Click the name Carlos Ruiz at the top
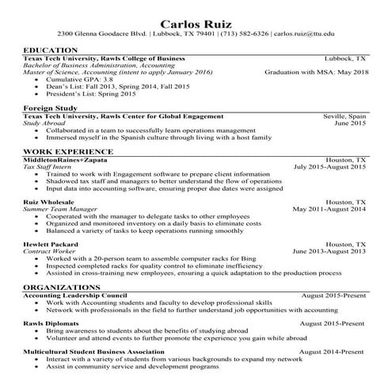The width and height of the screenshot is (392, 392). pyautogui.click(x=196, y=21)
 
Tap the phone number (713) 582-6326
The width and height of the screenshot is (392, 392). pyautogui.click(x=241, y=35)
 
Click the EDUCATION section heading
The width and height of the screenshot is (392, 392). pyautogui.click(x=50, y=50)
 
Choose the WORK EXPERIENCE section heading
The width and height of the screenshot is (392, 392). pyautogui.click(x=67, y=150)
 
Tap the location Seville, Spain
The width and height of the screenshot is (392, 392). pyautogui.click(x=344, y=116)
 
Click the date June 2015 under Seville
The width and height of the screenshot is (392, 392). pyautogui.click(x=350, y=123)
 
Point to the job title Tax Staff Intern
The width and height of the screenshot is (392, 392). pyautogui.click(x=52, y=167)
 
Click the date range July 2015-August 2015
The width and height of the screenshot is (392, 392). pyautogui.click(x=329, y=167)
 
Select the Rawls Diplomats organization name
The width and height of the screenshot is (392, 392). pyautogui.click(x=54, y=322)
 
